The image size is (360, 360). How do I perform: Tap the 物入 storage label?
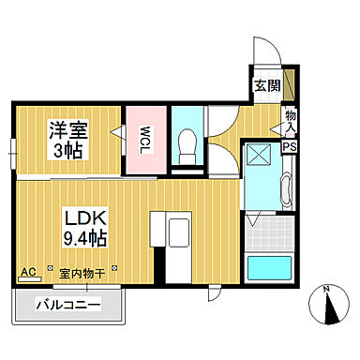290,122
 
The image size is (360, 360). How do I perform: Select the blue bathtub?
265,270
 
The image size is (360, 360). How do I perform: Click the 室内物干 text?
82,274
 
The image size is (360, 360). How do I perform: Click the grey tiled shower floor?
264,225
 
